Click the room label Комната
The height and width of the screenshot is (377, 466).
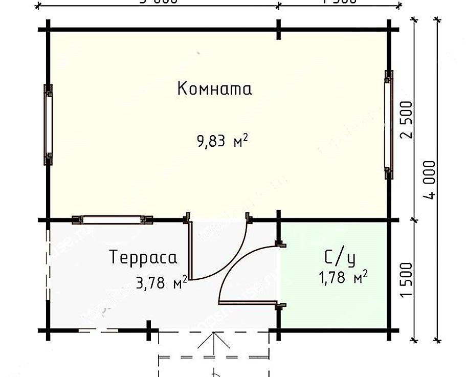(214, 89)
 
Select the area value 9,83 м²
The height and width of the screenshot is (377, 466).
(222, 140)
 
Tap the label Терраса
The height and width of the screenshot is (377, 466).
(143, 257)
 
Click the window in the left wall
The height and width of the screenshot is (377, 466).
(48, 124)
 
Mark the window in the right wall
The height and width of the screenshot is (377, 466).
(389, 124)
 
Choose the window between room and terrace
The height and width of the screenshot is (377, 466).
(113, 219)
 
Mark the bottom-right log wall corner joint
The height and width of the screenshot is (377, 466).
(389, 330)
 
